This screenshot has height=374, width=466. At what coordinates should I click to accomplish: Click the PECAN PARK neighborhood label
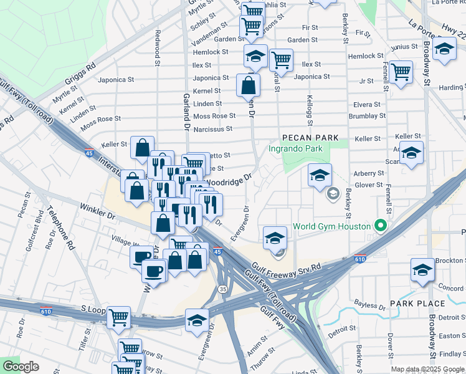pos(310,138)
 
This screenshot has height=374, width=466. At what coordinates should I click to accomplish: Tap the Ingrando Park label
pos(296,148)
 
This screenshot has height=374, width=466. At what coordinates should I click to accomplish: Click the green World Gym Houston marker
pos(378,226)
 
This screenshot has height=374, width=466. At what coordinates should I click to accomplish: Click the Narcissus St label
pos(212,129)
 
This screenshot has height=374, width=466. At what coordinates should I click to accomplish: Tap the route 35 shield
pos(222,289)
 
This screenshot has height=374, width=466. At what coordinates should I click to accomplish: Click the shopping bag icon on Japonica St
pos(248,86)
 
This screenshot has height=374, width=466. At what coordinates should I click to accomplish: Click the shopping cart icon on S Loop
pos(118,317)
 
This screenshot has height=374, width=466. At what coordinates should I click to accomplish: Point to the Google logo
pos(21,367)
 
